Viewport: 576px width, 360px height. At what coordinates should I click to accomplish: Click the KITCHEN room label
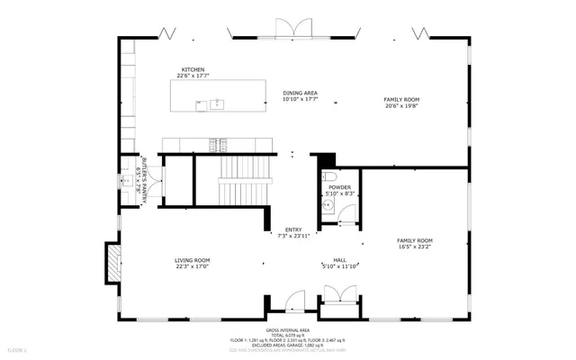click(x=193, y=69)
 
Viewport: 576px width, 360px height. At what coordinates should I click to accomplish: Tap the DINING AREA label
click(x=300, y=93)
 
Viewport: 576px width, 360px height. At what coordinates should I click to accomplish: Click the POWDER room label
click(x=339, y=187)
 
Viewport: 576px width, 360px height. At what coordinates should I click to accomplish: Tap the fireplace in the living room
click(x=112, y=263)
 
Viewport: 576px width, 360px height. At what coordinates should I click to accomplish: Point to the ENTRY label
click(x=293, y=229)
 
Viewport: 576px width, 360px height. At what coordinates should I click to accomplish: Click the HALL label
click(x=340, y=260)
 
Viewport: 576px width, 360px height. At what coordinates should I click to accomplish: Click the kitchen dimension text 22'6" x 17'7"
click(x=193, y=76)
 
